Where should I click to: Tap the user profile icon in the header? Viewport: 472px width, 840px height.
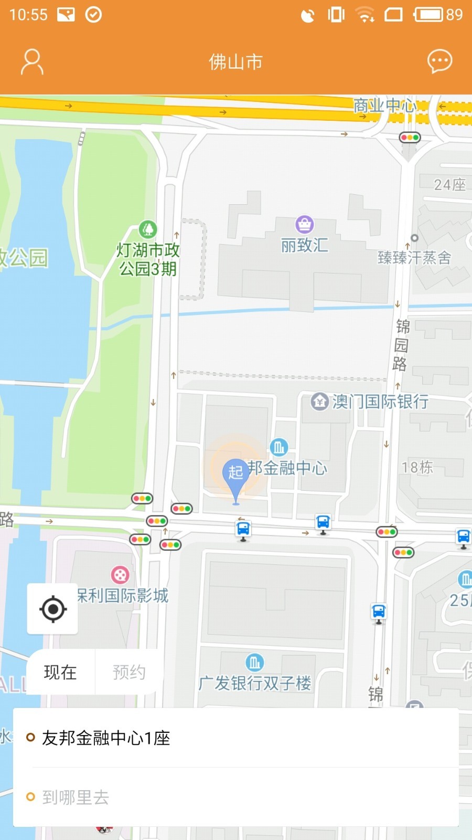click(31, 62)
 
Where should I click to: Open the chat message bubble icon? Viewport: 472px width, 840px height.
click(439, 61)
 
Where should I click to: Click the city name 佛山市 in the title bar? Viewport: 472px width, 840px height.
click(235, 62)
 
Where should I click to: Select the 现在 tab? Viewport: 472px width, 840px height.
click(60, 672)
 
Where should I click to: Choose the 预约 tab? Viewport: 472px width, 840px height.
click(128, 672)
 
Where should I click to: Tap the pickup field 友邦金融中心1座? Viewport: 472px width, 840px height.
click(106, 738)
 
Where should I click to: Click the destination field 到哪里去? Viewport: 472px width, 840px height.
click(76, 797)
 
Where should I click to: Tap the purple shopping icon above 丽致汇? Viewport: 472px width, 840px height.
click(304, 224)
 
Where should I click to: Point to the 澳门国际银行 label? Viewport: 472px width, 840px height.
click(380, 402)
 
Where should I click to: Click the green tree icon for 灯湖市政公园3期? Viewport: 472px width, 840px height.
click(148, 229)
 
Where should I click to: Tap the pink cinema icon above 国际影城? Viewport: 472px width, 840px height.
click(120, 575)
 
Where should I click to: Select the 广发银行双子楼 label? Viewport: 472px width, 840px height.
click(255, 683)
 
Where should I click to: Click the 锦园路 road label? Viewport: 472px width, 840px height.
click(402, 345)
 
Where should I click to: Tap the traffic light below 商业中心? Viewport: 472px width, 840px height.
click(410, 138)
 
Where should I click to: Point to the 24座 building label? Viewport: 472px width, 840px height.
click(449, 185)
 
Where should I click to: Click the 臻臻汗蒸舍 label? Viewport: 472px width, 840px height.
click(414, 257)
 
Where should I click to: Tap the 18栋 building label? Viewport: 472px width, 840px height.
click(417, 467)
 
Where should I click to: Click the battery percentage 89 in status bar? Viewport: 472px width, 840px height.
click(454, 14)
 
